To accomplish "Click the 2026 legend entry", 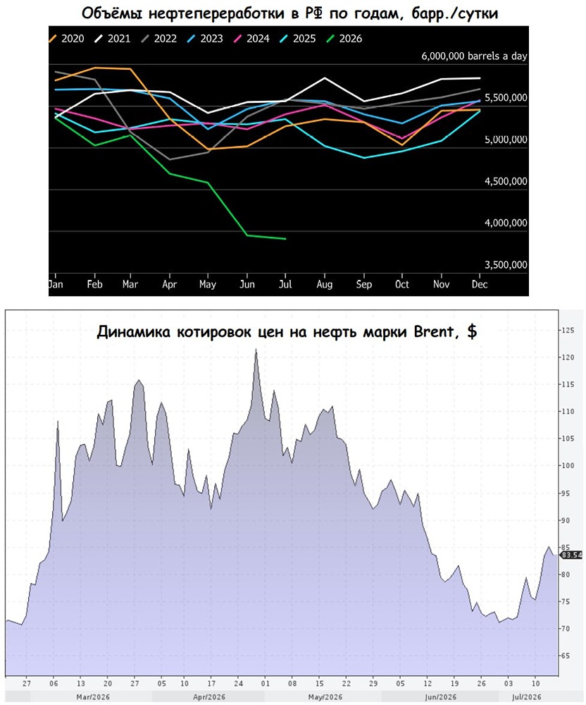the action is point(344,39).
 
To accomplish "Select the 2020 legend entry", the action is point(66,39).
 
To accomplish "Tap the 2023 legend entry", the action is point(205,39).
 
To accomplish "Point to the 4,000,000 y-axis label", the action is point(506,223).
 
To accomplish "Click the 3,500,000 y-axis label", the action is point(506,265).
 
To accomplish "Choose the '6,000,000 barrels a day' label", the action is point(474,56).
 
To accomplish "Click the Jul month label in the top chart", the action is point(285,284).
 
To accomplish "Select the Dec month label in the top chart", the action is point(480,284).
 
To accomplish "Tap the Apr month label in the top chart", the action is point(169,285).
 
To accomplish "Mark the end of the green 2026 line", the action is point(285,239).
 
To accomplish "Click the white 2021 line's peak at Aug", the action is point(325,78).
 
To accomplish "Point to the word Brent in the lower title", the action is point(433,332).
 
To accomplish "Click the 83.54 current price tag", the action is point(572,556).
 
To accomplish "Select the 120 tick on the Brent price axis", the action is point(568,357).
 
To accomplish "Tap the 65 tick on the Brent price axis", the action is point(566,656).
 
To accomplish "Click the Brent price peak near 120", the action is point(256,349).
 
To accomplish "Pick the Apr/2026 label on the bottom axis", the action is point(208,697).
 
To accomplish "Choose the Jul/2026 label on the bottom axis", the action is point(527,697).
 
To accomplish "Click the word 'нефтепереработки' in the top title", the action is point(218,13).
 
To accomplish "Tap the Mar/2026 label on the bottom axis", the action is point(93,697).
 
